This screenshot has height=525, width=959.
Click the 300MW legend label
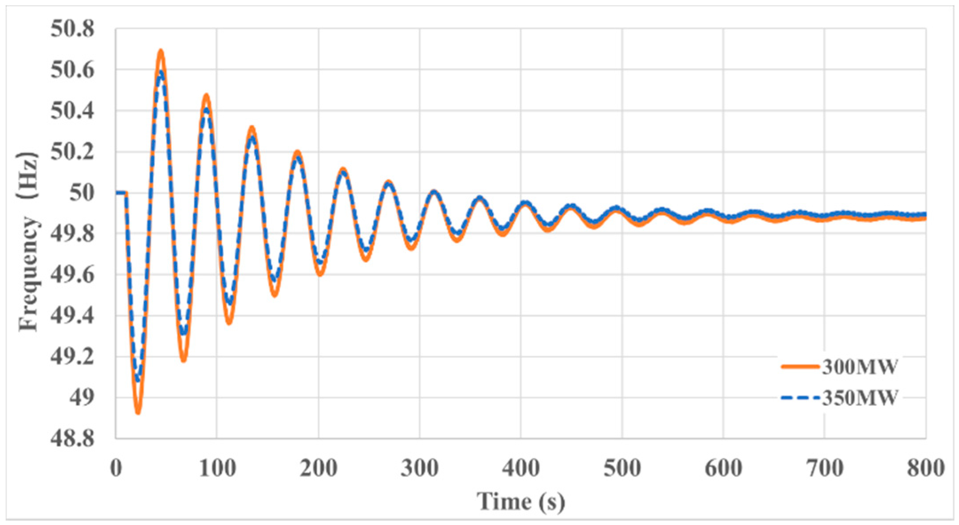[x=860, y=367]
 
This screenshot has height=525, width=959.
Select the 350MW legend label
[x=860, y=398]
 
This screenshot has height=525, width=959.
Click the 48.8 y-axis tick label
[x=72, y=439]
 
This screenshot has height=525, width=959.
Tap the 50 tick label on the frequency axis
[x=82, y=193]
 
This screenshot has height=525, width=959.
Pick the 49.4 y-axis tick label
[x=72, y=316]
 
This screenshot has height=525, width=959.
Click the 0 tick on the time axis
[x=116, y=468]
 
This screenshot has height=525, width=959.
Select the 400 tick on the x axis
[x=521, y=468]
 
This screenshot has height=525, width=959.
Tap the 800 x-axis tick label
[x=925, y=468]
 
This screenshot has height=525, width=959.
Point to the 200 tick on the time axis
[x=318, y=468]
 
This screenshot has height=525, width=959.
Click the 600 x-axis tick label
[x=723, y=468]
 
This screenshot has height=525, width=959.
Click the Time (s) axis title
[x=521, y=501]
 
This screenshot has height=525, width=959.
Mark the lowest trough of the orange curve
[x=138, y=412]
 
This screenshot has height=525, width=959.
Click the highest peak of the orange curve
[x=161, y=51]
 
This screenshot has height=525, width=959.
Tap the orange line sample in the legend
[x=800, y=367]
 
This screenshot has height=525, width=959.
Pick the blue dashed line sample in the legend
[x=800, y=398]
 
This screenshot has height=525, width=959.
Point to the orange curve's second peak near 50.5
[x=206, y=95]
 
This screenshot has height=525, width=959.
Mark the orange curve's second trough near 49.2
[x=183, y=360]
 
